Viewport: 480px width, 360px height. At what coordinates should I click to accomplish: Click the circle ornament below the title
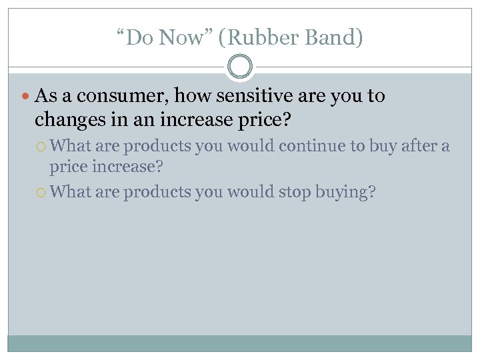point(240,67)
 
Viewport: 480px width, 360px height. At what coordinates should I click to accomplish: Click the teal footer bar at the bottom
point(240,343)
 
